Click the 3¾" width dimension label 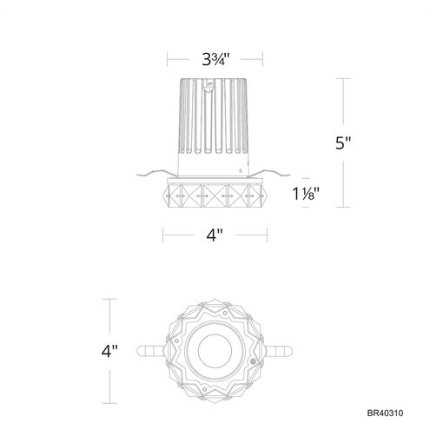[x=215, y=60]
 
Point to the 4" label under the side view [x=214, y=235]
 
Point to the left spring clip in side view [x=155, y=172]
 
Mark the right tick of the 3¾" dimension [x=263, y=60]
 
